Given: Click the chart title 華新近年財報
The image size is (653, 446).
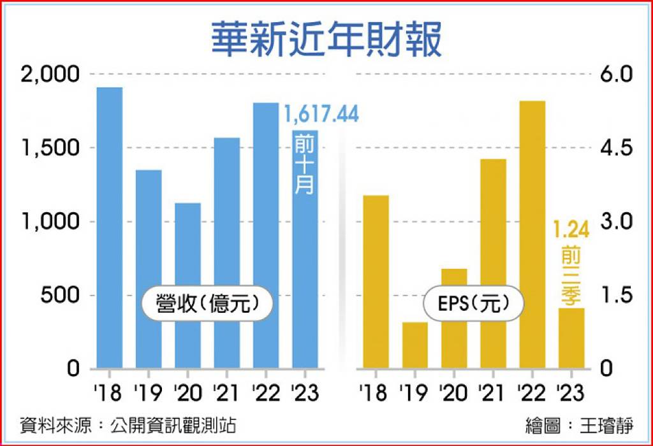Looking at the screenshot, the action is pos(326,40).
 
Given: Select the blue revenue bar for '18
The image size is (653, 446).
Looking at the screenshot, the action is pos(110,228).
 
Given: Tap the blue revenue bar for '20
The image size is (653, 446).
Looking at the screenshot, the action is pos(188,286).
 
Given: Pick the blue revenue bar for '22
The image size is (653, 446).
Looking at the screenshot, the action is pos(266,236).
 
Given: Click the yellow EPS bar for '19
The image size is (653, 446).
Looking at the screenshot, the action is pos(415,345).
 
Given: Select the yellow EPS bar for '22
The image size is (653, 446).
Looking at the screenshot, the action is pos(532,234).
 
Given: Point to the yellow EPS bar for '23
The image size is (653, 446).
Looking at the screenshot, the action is pos(571,338).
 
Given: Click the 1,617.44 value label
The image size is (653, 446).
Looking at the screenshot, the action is pos(321,115).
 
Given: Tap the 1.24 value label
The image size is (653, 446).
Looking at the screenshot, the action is pos(571,229).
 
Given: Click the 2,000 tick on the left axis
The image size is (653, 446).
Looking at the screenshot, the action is pos(50,75).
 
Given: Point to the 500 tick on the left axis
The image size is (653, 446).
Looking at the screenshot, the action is pos(59,296).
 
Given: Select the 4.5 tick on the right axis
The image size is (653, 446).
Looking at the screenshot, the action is pos(616,148).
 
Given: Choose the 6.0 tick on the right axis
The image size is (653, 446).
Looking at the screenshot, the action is pos(616,75).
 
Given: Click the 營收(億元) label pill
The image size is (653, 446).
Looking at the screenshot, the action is pos(207,303).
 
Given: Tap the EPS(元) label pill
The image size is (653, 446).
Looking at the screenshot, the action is pos(474,303).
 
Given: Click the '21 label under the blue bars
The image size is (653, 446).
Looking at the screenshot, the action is pos(227,392).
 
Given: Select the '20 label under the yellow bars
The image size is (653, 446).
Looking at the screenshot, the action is pos(454,392).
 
